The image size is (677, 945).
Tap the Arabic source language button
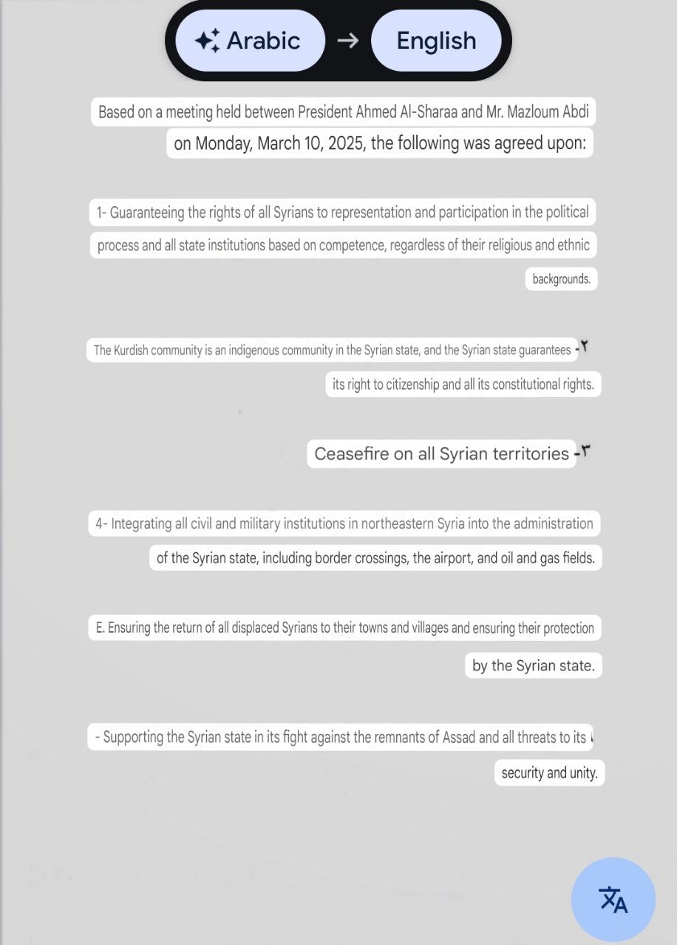(x=251, y=41)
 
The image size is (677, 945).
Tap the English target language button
(x=436, y=41)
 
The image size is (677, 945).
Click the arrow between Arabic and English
(x=347, y=41)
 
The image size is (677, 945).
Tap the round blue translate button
(x=613, y=899)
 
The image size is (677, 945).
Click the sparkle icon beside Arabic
(x=207, y=41)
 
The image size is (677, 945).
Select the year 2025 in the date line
(x=346, y=143)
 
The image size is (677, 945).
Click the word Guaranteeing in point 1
(x=147, y=213)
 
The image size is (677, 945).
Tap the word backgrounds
(x=561, y=279)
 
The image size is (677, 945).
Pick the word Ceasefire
(x=352, y=453)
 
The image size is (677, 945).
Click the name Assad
(x=459, y=737)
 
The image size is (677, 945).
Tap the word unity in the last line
(x=584, y=773)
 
